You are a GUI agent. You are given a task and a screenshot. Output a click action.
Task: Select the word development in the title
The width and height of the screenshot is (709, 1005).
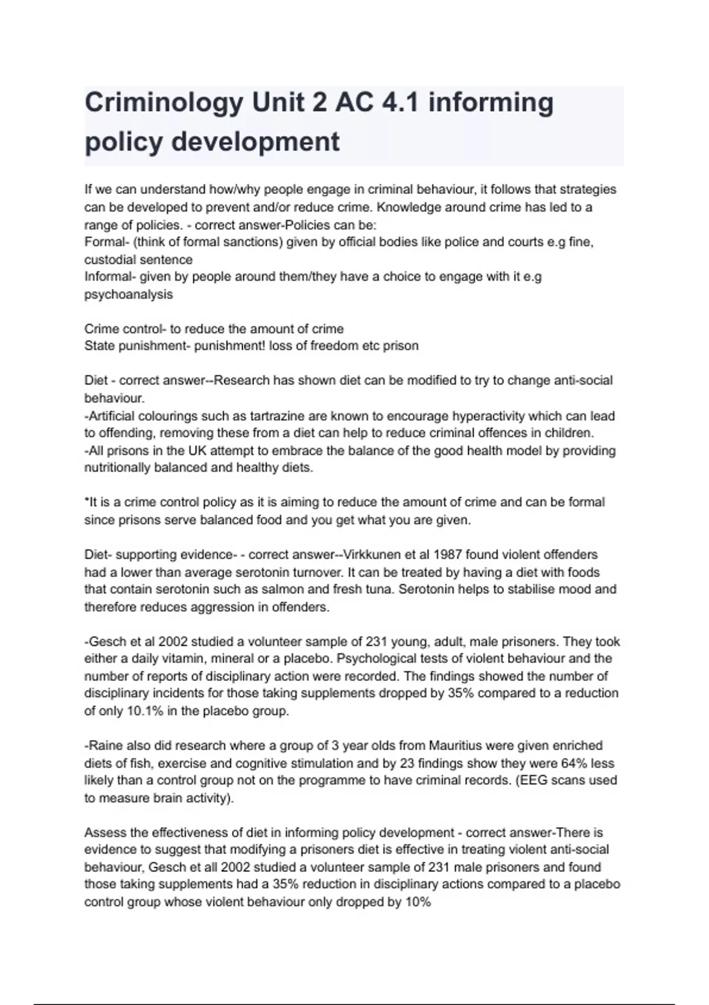point(255,142)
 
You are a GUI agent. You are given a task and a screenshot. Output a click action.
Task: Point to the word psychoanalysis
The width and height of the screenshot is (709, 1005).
point(129,294)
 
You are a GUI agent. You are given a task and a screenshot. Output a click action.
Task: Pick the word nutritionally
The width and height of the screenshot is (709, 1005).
point(117,468)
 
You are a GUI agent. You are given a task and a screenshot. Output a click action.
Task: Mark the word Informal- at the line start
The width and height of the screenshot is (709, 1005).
point(110,277)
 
